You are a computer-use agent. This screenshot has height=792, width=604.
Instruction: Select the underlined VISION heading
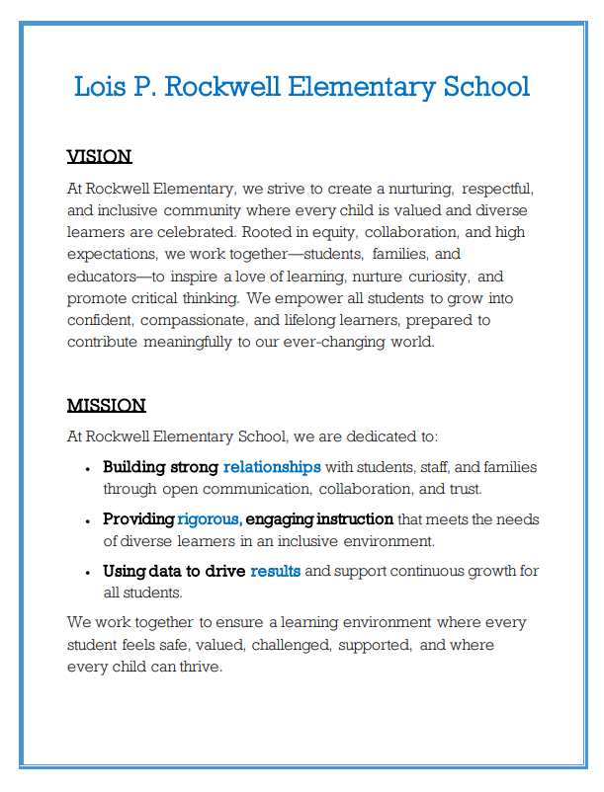coord(99,156)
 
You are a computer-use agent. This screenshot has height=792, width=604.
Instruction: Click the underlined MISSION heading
coord(106,405)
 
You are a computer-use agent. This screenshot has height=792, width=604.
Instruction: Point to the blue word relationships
coord(272,467)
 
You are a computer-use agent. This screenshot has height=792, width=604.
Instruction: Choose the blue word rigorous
coord(209,519)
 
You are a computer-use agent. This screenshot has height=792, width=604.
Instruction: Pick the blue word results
coord(276,572)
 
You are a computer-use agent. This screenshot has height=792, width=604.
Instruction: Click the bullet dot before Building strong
coord(88,468)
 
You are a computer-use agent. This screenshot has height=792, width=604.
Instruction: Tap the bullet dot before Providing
coord(88,520)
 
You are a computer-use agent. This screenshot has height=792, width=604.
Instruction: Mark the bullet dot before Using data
coord(88,573)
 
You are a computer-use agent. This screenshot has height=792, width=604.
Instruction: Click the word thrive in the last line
coord(201,667)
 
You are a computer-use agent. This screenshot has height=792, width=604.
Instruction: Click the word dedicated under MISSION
coord(361,436)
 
